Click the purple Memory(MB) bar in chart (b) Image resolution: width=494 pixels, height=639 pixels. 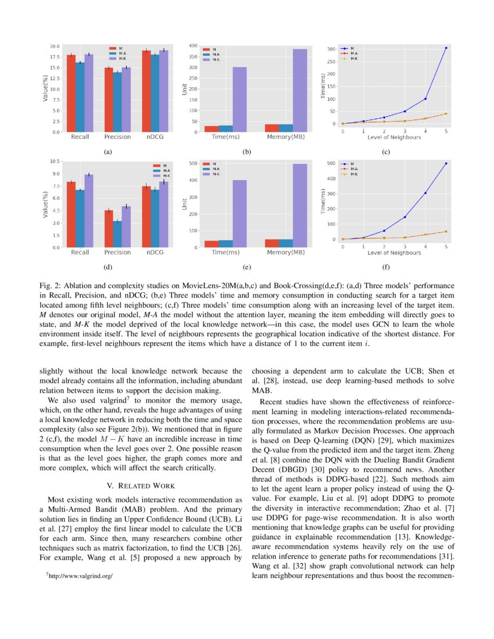[299, 90]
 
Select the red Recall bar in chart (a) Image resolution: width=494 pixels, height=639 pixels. [71, 93]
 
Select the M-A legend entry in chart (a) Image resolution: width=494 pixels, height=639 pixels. [121, 53]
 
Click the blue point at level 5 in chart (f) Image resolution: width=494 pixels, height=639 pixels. [446, 163]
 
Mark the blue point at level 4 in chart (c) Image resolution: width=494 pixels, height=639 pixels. [425, 99]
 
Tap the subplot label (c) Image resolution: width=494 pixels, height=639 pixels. [386, 152]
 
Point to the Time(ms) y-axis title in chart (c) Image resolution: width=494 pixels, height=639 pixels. [324, 87]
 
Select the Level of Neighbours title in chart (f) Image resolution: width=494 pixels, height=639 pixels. [394, 253]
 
